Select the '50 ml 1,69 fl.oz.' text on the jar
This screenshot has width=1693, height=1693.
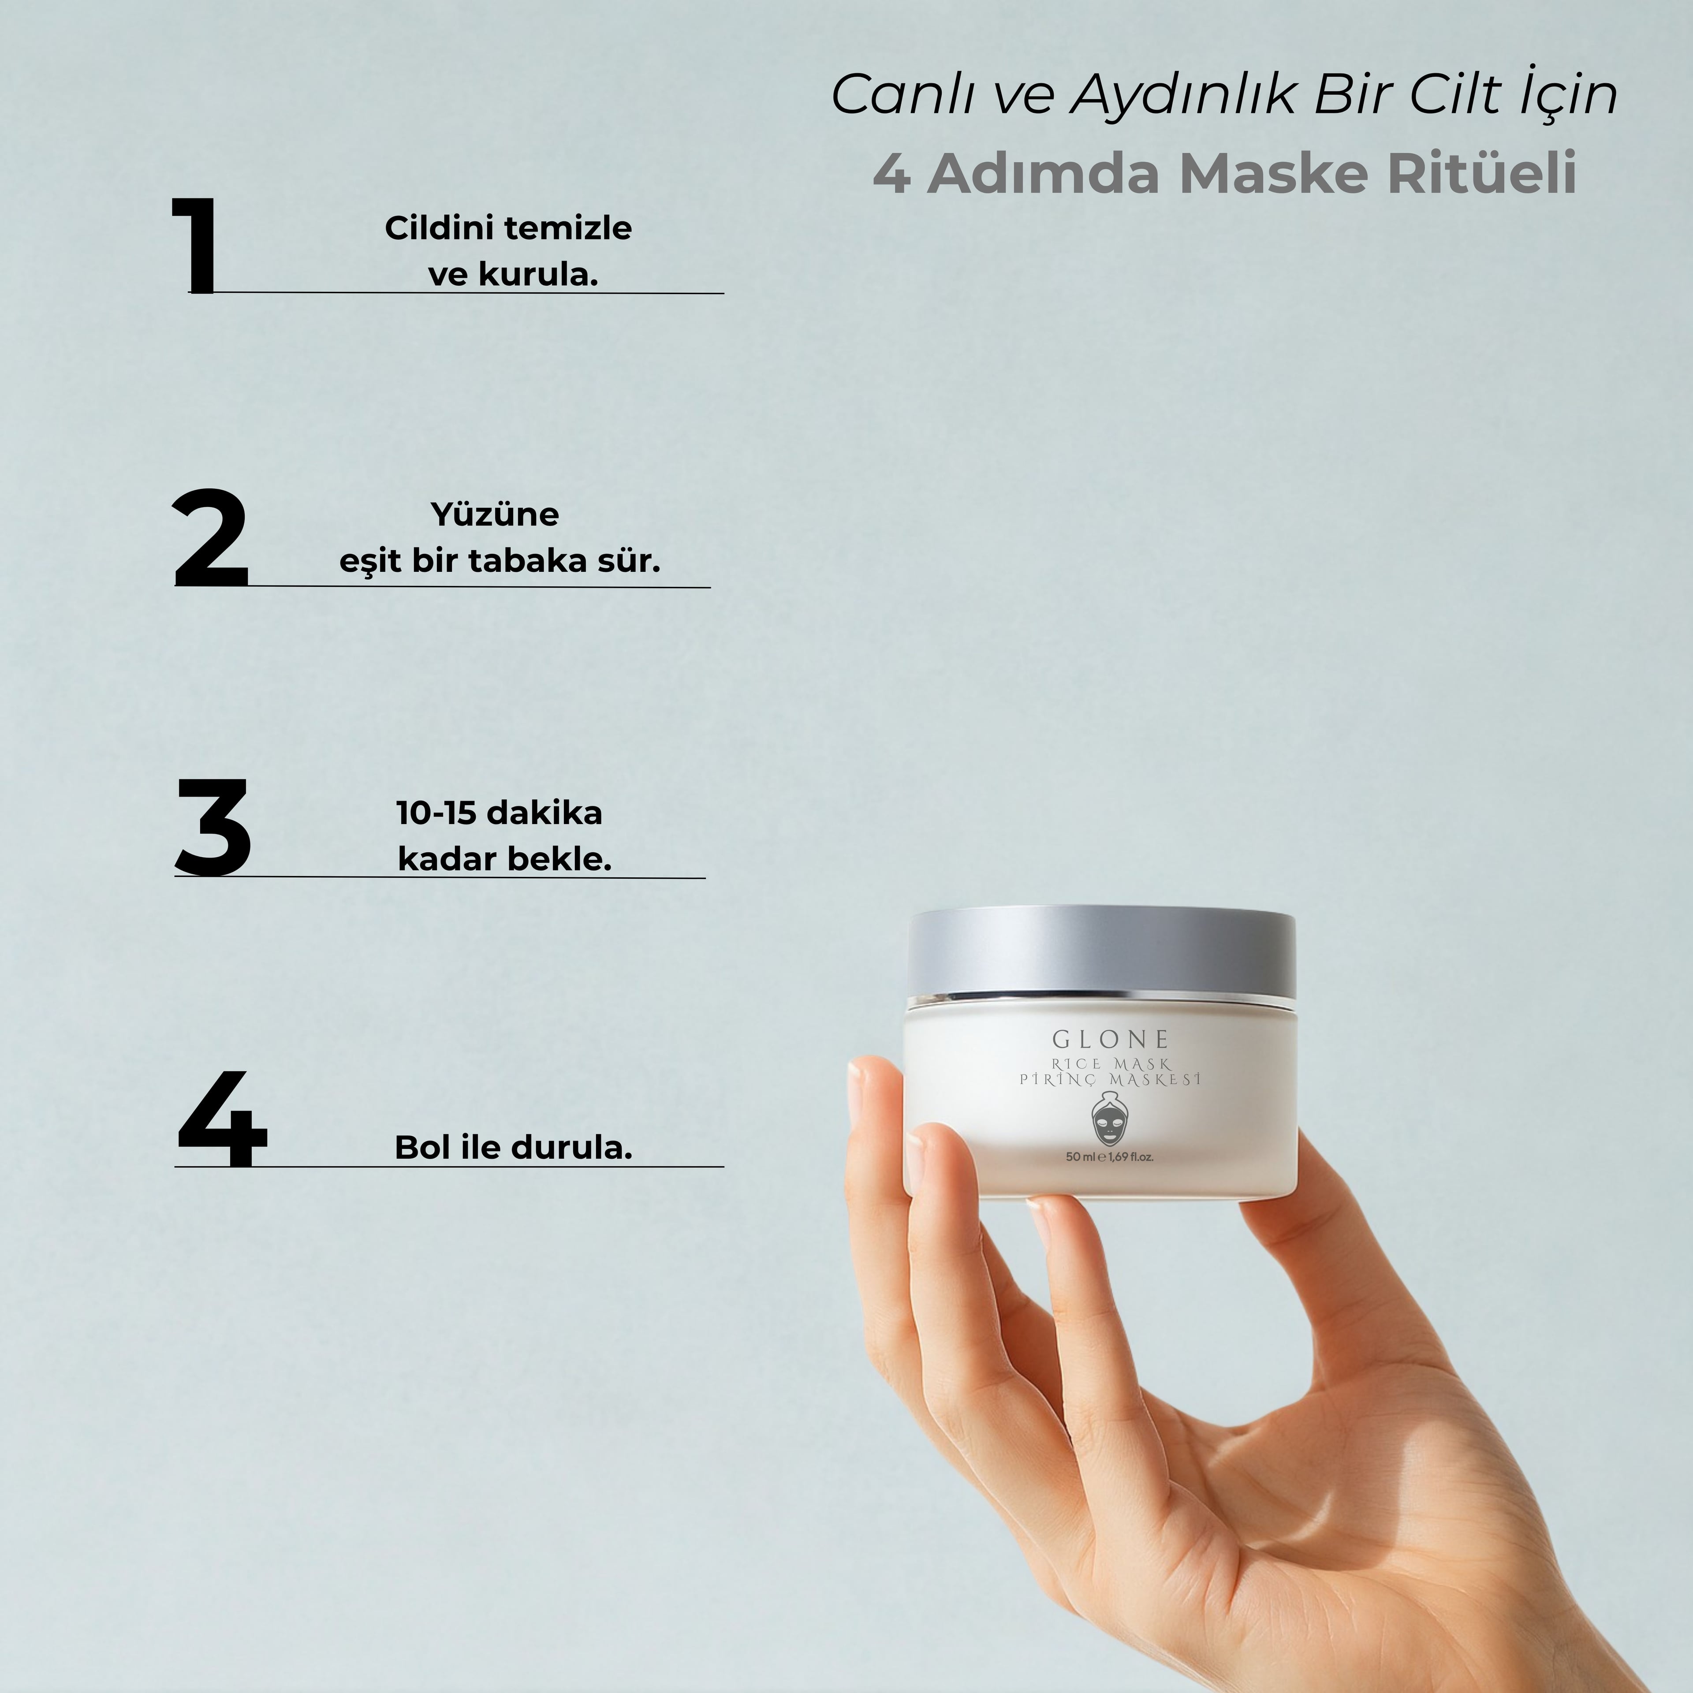coord(1109,1157)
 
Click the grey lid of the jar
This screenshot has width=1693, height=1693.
coord(1101,953)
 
